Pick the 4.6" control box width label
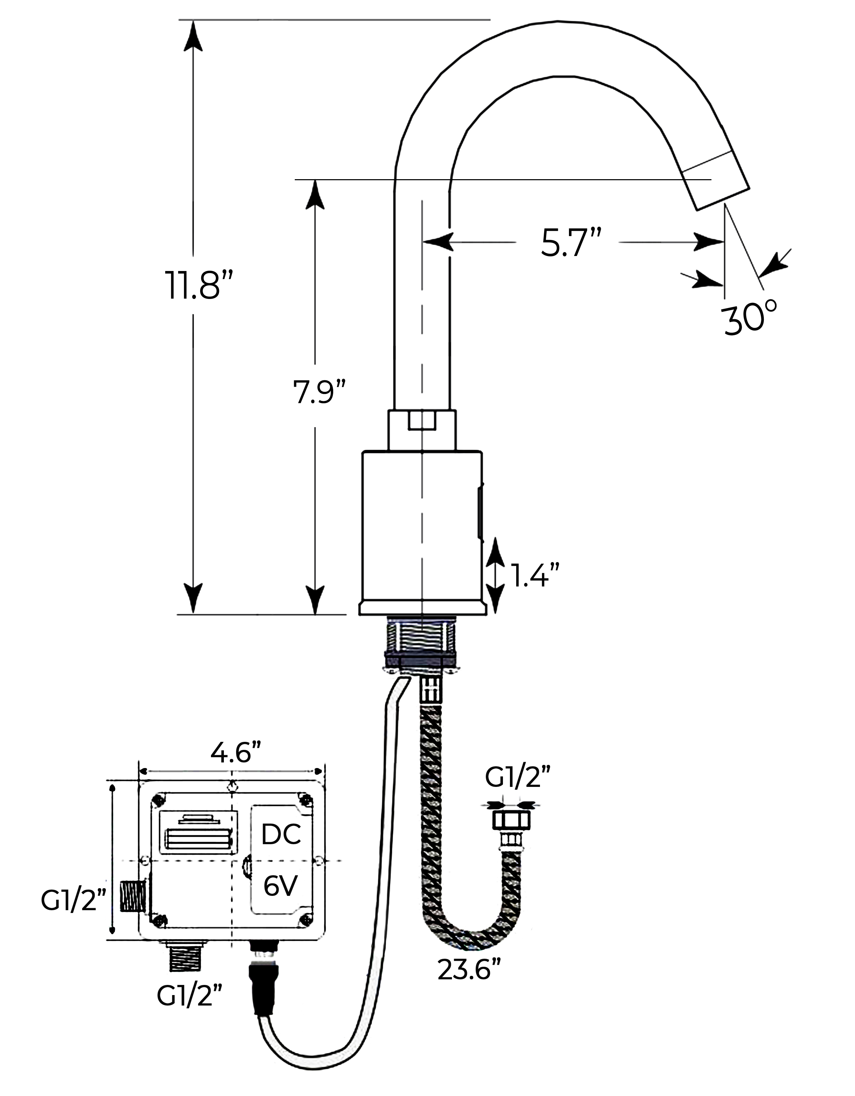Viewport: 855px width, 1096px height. point(236,753)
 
